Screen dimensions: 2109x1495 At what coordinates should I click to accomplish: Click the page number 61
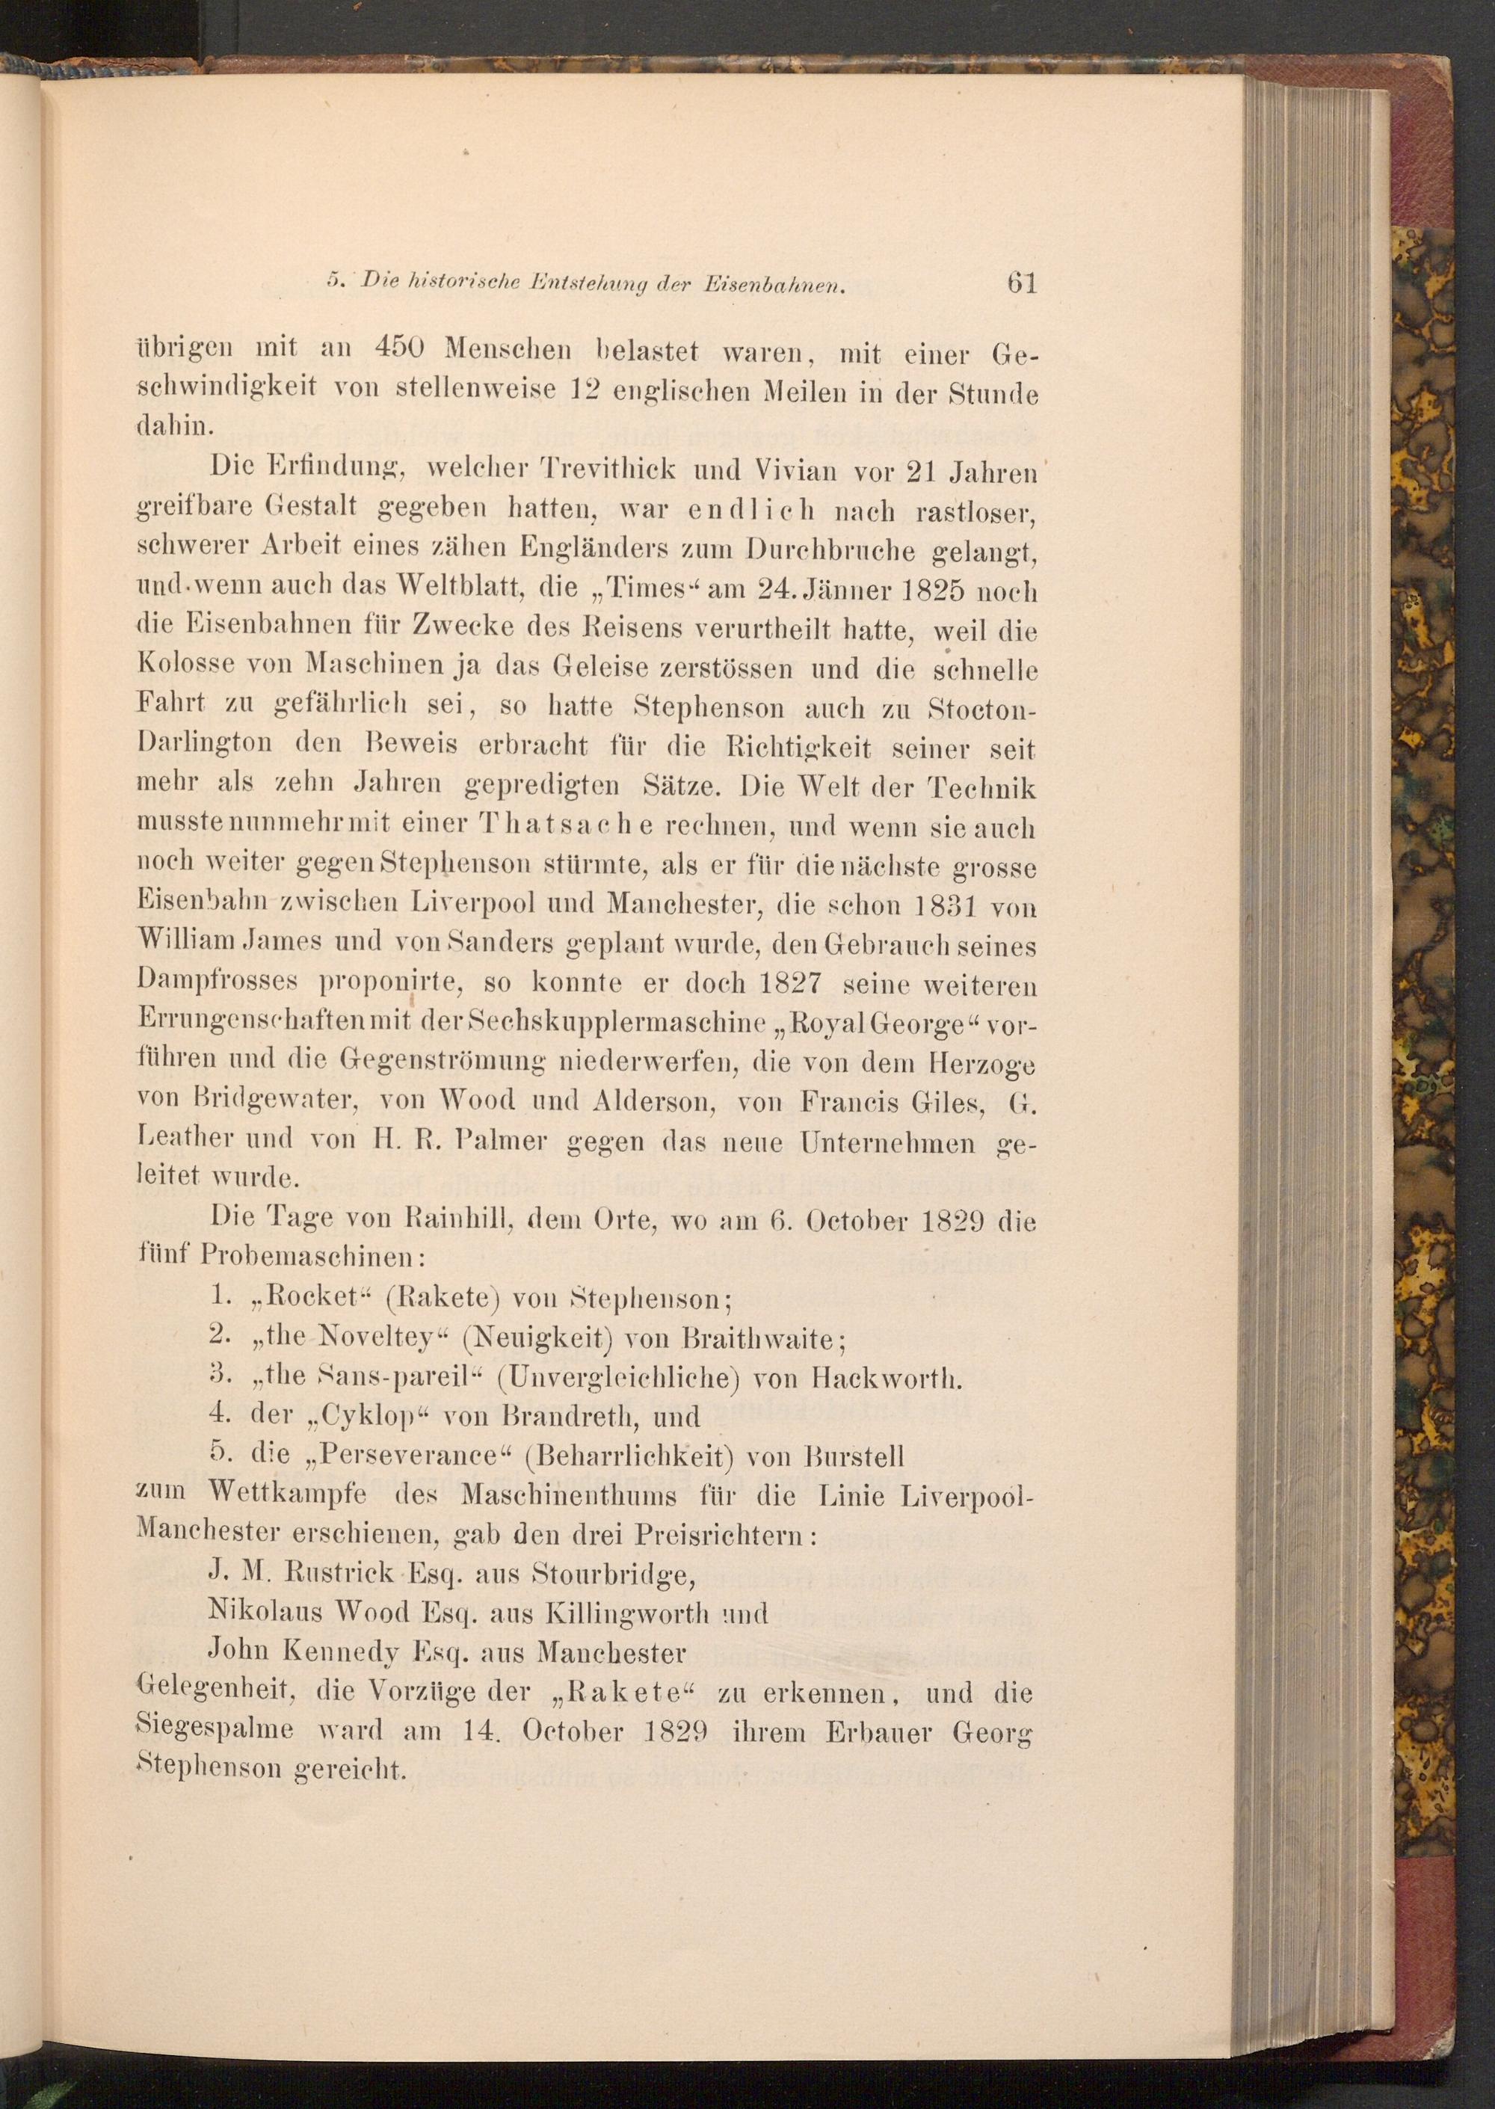pos(1022,282)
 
